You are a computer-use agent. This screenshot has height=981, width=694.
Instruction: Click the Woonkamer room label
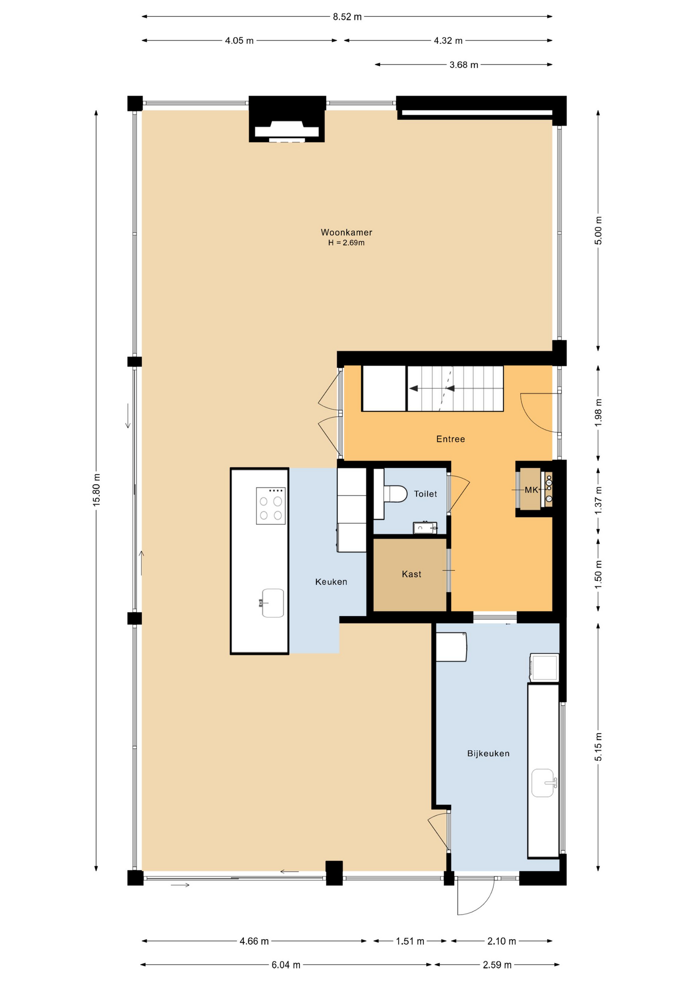tap(346, 232)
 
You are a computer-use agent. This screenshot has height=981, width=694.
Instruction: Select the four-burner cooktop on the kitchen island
tap(270, 506)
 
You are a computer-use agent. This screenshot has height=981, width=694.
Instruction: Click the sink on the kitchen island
tap(273, 603)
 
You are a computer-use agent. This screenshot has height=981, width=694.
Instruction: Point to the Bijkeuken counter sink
tap(543, 783)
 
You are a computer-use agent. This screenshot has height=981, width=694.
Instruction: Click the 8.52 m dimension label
tap(347, 17)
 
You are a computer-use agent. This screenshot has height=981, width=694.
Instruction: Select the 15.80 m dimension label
tap(97, 490)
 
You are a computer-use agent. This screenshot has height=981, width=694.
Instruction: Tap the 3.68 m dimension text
tap(464, 65)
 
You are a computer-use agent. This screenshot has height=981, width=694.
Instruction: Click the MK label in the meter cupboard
tap(531, 490)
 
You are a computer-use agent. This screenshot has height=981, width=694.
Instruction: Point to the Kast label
tap(411, 574)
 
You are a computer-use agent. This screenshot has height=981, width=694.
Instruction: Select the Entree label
tap(450, 439)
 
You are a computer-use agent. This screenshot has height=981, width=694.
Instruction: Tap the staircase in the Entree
tap(454, 389)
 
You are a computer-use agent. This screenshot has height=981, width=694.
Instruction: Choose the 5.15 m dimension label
tap(598, 746)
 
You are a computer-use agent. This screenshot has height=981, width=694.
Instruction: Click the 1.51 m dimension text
tap(410, 941)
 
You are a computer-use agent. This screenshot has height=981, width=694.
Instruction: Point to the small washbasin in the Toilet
tap(424, 528)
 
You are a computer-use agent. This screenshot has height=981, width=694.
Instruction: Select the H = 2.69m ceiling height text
tap(346, 243)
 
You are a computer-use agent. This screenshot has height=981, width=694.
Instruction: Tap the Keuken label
tap(331, 582)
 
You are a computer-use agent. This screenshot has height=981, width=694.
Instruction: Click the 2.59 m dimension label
tap(497, 965)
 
